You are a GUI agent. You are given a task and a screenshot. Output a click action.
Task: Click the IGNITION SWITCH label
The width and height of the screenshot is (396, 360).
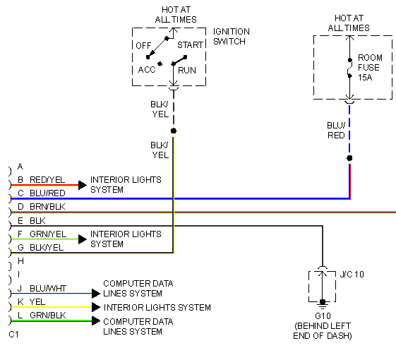click(231, 37)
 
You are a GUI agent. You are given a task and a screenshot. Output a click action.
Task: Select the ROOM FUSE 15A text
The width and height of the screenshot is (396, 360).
click(368, 68)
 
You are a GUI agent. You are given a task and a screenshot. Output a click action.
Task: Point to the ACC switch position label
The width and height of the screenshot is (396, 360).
click(147, 70)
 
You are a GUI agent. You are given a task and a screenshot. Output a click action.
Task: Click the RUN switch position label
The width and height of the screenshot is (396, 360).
click(187, 70)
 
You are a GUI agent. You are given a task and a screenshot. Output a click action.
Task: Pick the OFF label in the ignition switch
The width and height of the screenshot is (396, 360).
click(144, 45)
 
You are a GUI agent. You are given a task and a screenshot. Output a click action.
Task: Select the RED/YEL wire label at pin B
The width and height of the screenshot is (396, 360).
click(47, 180)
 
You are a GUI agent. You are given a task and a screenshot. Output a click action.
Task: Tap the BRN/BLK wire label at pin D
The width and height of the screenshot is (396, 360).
click(47, 207)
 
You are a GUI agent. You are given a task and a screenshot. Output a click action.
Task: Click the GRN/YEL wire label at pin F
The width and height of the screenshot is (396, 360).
click(47, 234)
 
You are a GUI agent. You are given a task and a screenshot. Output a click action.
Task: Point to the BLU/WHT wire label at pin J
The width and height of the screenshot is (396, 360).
click(47, 288)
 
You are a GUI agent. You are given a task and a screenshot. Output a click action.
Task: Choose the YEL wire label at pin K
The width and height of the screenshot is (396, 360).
click(38, 301)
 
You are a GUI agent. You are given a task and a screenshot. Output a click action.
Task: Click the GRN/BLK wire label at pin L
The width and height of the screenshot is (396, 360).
click(47, 315)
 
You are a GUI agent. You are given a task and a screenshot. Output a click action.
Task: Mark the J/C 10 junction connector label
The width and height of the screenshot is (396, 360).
click(352, 274)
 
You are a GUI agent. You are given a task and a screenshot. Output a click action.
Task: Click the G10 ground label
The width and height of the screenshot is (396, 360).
click(323, 317)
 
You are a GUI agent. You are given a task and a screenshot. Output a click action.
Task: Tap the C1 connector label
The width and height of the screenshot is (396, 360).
click(13, 334)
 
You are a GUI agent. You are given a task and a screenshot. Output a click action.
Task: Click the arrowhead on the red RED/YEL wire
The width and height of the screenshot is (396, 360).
click(82, 185)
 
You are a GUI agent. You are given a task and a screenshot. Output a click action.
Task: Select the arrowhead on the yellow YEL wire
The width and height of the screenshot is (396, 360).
click(96, 307)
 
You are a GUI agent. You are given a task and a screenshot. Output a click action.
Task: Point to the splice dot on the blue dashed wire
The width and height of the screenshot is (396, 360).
click(349, 157)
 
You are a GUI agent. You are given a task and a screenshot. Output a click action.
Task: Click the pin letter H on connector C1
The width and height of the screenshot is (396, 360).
click(20, 260)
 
